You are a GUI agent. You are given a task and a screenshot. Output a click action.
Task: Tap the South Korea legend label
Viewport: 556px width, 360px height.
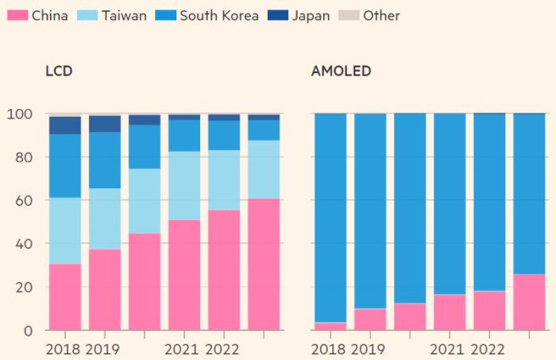(219, 15)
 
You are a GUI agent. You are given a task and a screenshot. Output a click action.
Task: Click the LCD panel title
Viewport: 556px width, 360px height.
(59, 72)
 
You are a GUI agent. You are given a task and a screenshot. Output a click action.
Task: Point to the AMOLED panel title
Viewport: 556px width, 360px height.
(341, 72)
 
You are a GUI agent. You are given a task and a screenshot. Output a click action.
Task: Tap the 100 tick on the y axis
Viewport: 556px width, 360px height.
(19, 114)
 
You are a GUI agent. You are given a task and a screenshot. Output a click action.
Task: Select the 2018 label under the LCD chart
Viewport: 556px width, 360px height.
(64, 348)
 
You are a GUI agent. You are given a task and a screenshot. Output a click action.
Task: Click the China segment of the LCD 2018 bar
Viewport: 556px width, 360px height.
(64, 296)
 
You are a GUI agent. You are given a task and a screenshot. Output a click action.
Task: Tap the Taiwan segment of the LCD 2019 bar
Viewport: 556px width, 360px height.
(104, 219)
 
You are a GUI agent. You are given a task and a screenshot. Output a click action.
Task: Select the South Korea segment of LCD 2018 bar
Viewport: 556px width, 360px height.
(64, 165)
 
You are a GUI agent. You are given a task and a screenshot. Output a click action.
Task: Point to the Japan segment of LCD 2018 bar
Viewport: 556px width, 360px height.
(64, 126)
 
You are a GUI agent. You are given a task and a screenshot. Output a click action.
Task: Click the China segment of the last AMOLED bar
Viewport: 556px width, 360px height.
(529, 302)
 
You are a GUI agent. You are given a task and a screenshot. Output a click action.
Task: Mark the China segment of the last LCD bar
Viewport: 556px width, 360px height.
(264, 264)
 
